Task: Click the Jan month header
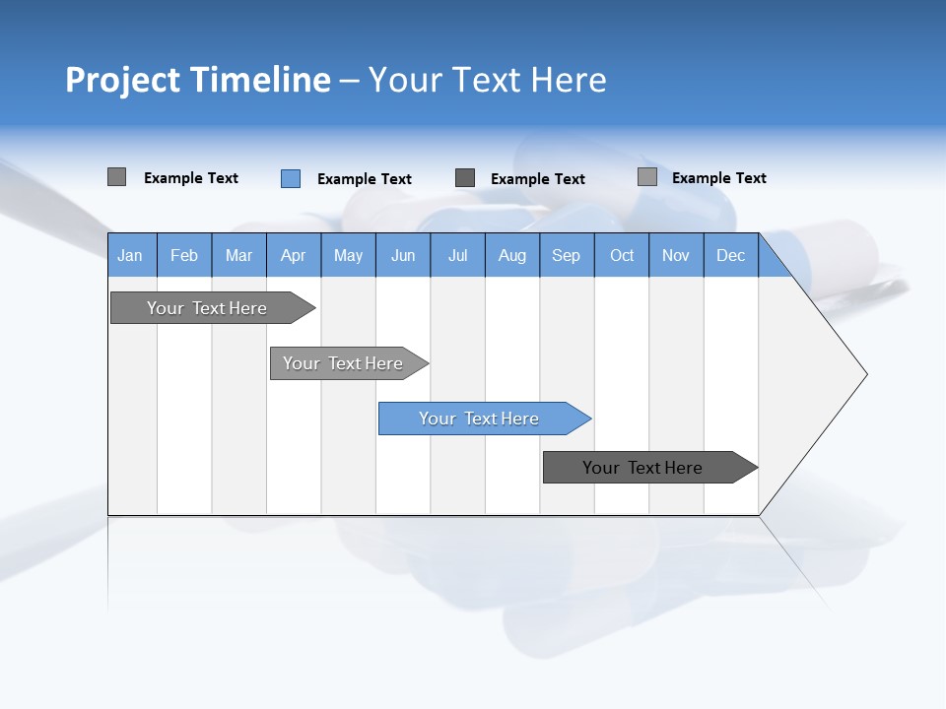click(131, 255)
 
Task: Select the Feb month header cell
click(184, 255)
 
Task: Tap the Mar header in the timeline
click(238, 255)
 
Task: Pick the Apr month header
click(294, 255)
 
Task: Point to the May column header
click(348, 255)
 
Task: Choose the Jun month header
click(403, 255)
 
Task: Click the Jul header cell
click(457, 255)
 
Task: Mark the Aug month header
click(512, 255)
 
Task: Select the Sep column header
click(567, 255)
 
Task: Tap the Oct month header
click(622, 255)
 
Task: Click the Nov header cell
click(676, 255)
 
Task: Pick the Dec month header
click(731, 255)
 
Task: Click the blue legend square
click(291, 178)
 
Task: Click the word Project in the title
click(122, 80)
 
